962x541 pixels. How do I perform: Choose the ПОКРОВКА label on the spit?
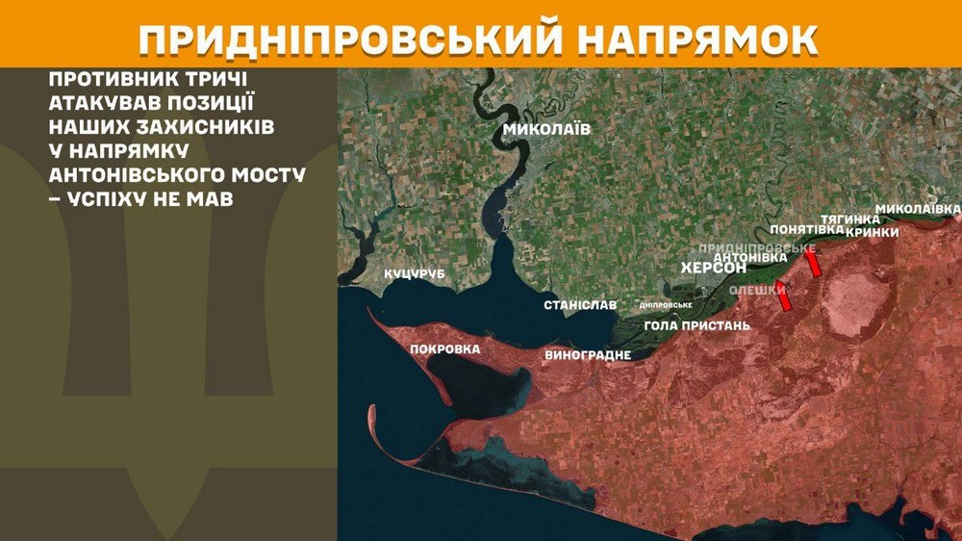[443, 348]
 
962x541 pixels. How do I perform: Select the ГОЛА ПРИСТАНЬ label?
[696, 325]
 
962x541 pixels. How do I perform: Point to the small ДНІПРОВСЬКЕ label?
[666, 305]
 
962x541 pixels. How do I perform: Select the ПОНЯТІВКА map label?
[807, 230]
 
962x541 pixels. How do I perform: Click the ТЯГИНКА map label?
[850, 219]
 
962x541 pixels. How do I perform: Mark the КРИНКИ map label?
[872, 232]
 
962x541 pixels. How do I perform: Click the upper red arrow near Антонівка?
[814, 264]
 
